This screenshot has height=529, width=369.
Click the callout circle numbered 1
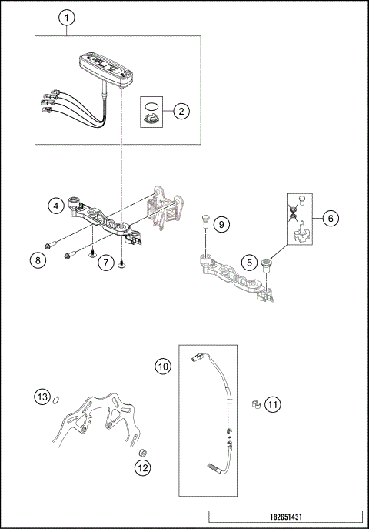tap(67, 17)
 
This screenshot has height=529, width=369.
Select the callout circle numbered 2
tap(181, 111)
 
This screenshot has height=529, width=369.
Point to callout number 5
tap(248, 262)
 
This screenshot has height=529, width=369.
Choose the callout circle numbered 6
tap(330, 218)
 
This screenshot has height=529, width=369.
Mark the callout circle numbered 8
tap(36, 260)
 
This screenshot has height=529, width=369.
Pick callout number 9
tap(220, 224)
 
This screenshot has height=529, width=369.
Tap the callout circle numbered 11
tap(273, 403)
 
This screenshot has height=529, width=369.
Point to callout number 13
tap(42, 397)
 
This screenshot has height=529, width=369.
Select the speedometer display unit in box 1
tap(105, 69)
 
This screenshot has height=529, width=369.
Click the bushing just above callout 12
tap(141, 448)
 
